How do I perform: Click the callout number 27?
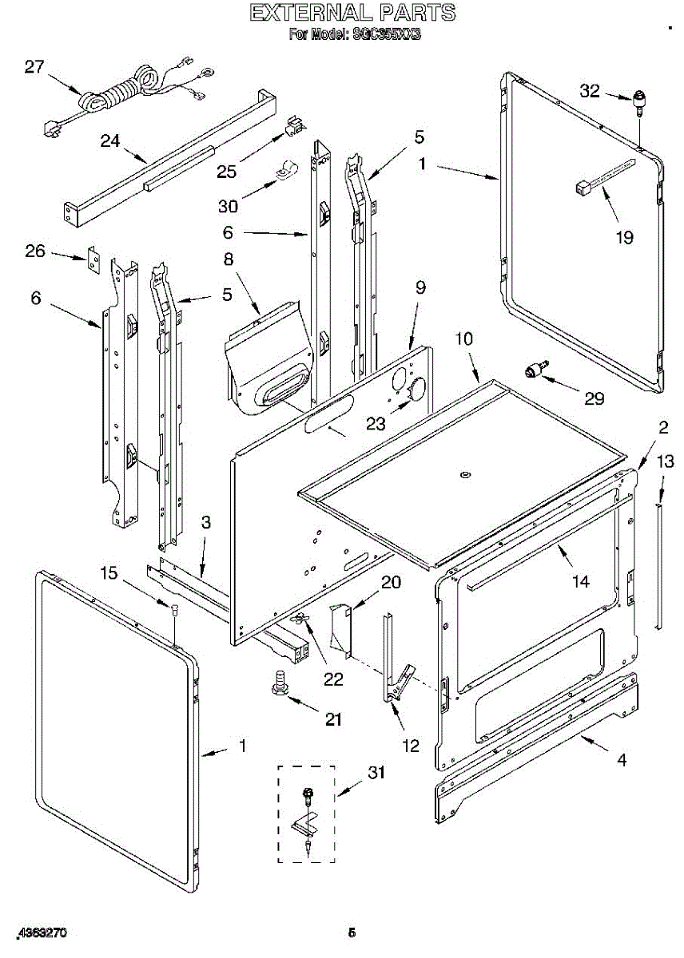point(34,66)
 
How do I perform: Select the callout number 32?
point(590,91)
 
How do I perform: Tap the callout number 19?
point(624,236)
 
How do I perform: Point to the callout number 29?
point(594,398)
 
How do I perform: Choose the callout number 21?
point(332,718)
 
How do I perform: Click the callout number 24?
point(110,141)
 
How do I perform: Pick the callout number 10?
point(464,338)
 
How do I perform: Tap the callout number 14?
point(580,581)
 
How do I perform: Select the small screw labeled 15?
point(175,611)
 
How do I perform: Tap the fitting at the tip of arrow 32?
point(639,102)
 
